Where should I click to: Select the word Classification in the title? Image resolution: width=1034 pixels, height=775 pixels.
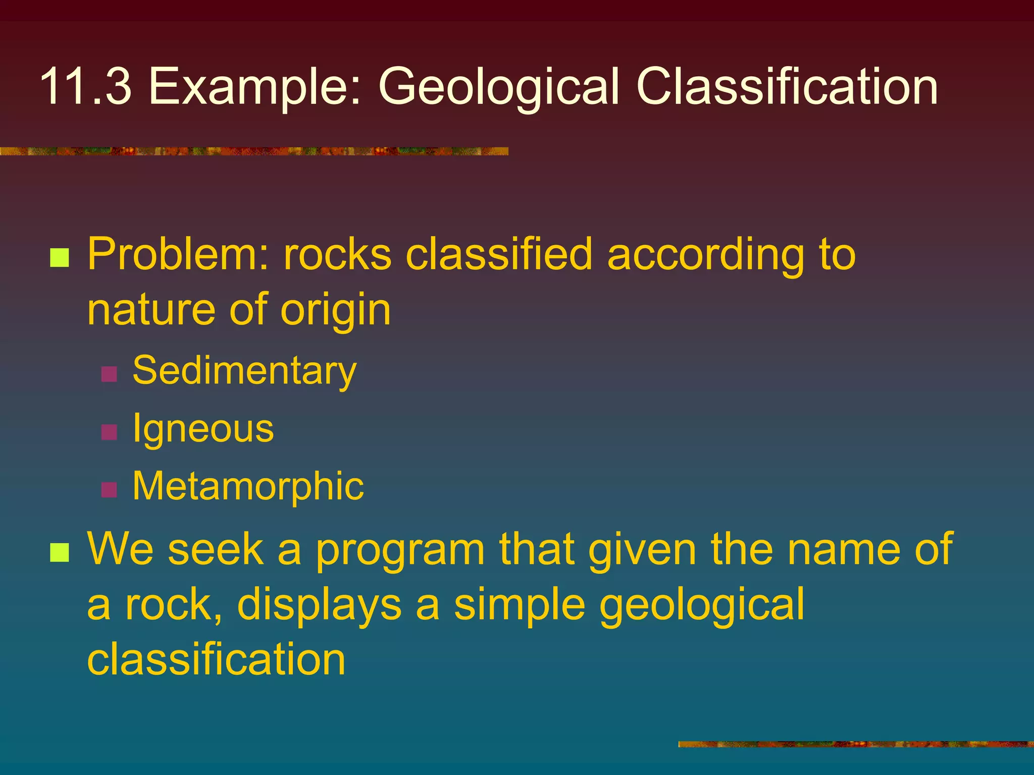pos(787,87)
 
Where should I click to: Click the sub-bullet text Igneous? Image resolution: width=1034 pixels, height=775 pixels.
pos(203,429)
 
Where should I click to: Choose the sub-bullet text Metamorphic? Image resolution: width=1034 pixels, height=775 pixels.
pos(248,486)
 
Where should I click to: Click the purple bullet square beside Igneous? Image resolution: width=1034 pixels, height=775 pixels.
pos(109,432)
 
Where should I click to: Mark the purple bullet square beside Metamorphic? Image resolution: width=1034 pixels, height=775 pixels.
pos(109,489)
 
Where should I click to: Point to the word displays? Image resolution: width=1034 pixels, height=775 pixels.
pos(319,605)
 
